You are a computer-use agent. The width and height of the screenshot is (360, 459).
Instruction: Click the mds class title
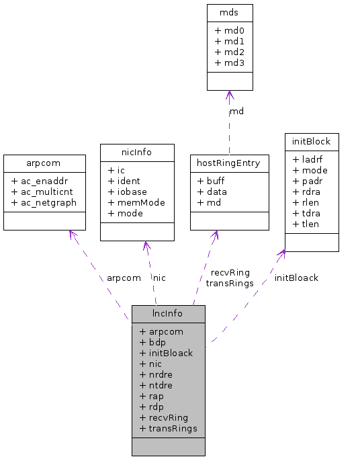pos(230,13)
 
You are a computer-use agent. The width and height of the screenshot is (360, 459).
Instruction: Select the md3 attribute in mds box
pos(230,62)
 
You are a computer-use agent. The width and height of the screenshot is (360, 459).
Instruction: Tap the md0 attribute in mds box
pos(230,30)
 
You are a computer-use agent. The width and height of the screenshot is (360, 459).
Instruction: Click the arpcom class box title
pos(44,163)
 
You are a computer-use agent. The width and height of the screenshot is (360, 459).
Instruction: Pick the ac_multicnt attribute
pos(44,192)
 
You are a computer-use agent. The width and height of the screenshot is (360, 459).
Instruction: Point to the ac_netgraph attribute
pos(44,202)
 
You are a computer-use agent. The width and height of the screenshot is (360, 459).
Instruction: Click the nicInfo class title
pos(137,153)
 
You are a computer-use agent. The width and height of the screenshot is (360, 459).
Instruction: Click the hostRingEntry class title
pos(229,163)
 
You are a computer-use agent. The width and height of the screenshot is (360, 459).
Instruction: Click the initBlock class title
pos(312,142)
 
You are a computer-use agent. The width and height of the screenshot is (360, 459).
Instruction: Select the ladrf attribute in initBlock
pos(308,159)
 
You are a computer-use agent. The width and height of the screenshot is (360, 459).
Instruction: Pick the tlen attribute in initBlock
pos(306,224)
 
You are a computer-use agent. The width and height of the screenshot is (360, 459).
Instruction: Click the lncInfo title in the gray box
pos(168,314)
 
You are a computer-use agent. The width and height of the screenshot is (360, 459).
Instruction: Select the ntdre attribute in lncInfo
pos(156,385)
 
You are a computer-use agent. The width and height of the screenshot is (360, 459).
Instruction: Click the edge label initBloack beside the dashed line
pos(296,278)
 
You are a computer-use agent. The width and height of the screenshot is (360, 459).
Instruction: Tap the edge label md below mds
pos(236,111)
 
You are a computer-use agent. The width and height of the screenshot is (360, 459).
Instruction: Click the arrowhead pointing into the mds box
pos(229,95)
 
